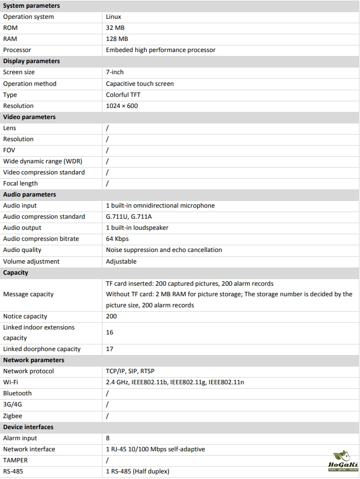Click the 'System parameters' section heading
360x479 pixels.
[x=32, y=6]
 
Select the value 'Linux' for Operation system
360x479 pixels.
[x=114, y=17]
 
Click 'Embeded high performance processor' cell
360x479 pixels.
[x=161, y=50]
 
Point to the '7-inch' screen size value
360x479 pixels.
[x=115, y=73]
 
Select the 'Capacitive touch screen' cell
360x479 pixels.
[x=140, y=84]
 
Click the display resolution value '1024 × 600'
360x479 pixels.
[x=122, y=106]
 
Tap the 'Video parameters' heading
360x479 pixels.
[x=29, y=117]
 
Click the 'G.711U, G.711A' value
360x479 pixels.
[x=129, y=217]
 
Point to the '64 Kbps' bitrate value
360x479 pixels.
[x=117, y=239]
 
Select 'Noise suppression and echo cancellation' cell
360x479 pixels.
[x=164, y=250]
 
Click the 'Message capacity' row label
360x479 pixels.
[x=28, y=294]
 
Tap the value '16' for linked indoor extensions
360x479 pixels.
[x=110, y=332]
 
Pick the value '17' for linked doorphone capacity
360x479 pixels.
[x=110, y=349]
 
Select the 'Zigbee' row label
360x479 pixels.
[x=14, y=415]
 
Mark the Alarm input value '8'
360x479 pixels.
[x=108, y=438]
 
